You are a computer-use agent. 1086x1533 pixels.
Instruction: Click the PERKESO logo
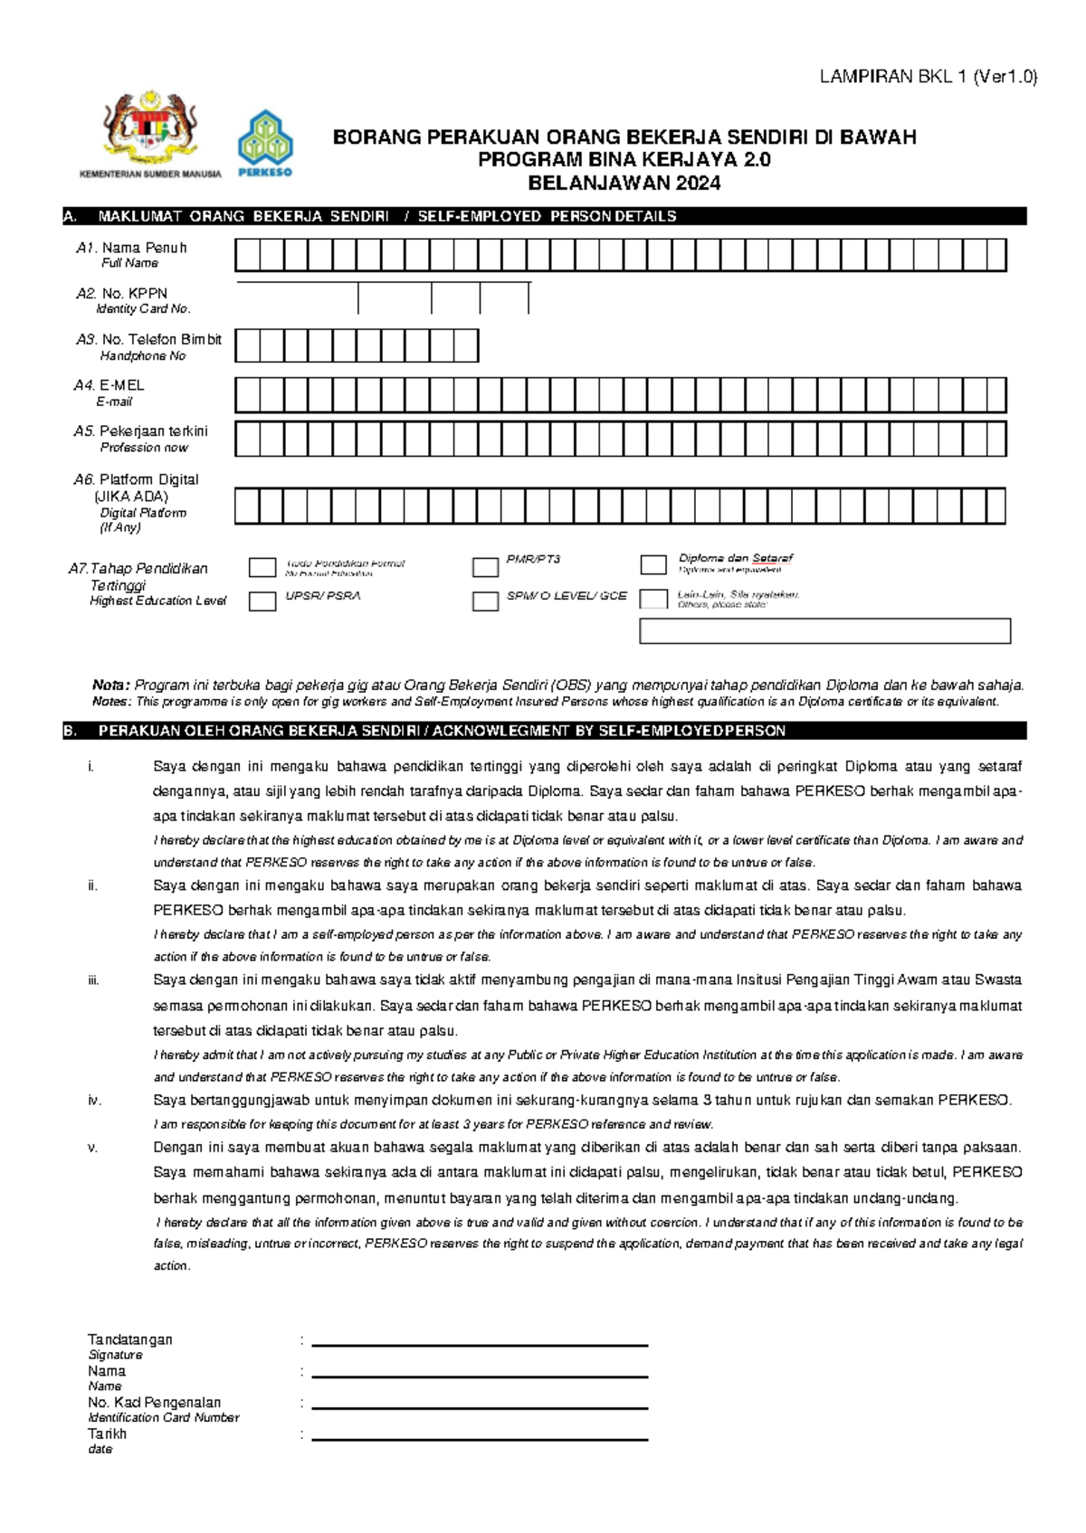coord(265,143)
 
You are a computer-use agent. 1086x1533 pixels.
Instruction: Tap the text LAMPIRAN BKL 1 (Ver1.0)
coord(928,77)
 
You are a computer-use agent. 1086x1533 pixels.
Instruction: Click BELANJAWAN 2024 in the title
coord(624,184)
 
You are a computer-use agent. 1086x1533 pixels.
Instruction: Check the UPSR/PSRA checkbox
coord(262,601)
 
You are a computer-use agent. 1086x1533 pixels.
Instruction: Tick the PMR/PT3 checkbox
coord(486,567)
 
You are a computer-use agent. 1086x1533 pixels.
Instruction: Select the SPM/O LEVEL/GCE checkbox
coord(486,601)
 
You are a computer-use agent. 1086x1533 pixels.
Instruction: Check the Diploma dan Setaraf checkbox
coord(653,565)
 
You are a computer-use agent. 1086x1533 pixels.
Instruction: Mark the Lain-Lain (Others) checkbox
coord(653,599)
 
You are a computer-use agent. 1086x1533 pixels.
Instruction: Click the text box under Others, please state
coord(824,631)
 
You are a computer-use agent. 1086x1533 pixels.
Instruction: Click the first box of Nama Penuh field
coord(247,256)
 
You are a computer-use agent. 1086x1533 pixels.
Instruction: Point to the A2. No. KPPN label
coord(122,294)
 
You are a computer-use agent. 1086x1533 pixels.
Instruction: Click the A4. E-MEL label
coord(110,386)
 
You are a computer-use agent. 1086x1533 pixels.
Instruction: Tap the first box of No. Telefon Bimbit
coord(247,346)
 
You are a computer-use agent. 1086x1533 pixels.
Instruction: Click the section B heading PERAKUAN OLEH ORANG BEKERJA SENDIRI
coord(442,731)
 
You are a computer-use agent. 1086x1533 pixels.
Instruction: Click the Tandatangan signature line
coord(480,1344)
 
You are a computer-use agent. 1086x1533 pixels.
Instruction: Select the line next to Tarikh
coord(480,1438)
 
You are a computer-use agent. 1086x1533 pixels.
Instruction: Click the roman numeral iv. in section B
coord(94,1101)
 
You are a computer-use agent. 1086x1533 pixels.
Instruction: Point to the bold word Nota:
coord(111,686)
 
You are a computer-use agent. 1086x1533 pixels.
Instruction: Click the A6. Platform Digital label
coord(137,480)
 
